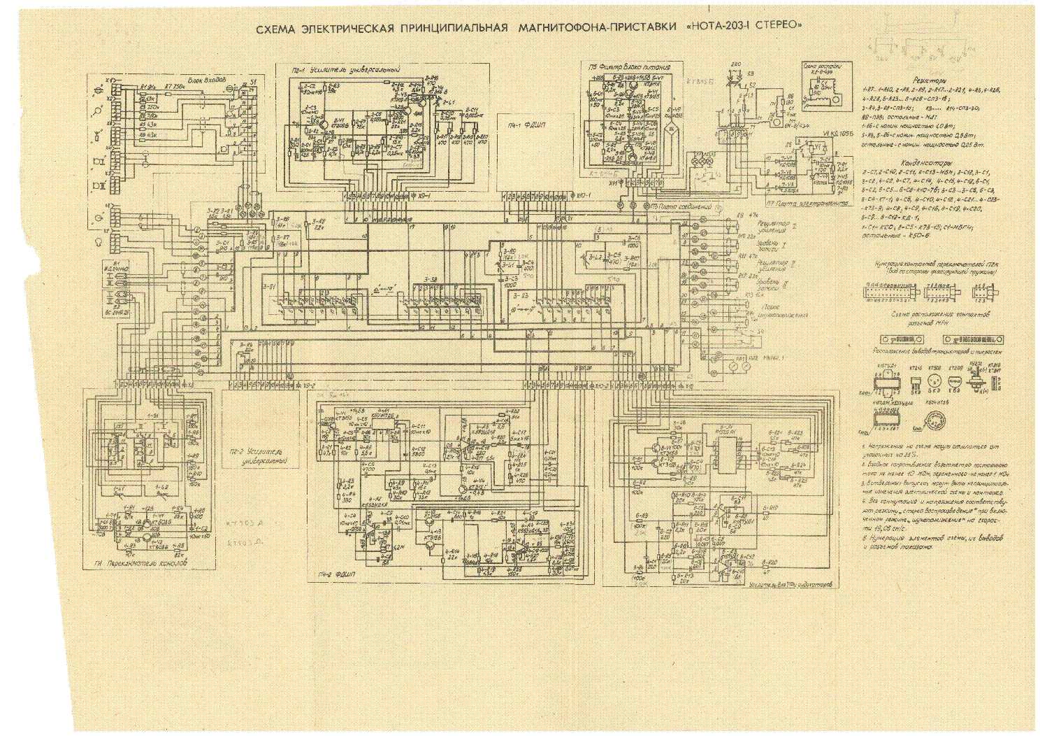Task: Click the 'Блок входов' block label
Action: (208, 80)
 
